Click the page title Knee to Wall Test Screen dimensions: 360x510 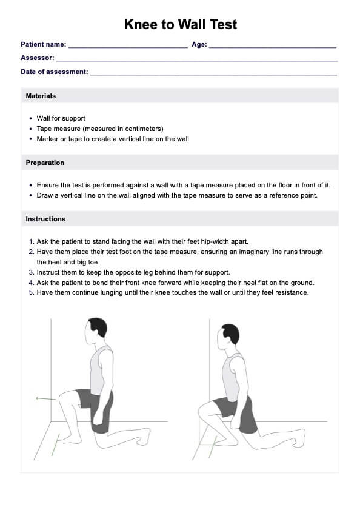coord(181,24)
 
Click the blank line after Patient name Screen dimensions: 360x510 coord(128,47)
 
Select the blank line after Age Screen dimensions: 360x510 coord(273,47)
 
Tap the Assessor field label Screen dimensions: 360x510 coord(38,58)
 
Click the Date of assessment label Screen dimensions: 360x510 coord(55,72)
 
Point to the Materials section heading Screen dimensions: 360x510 coord(41,96)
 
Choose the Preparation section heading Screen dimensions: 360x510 coord(45,163)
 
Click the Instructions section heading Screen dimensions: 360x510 coord(45,219)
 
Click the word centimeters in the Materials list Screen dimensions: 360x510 coord(142,129)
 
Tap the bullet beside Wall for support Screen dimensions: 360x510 coord(30,119)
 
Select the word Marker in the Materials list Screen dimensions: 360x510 coord(47,139)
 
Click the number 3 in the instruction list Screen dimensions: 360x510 coord(32,272)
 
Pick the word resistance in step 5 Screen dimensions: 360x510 coord(292,292)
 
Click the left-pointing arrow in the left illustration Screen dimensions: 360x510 coord(46,398)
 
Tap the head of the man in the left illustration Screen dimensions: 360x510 coord(96,332)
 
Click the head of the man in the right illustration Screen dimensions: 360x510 coord(228,337)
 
